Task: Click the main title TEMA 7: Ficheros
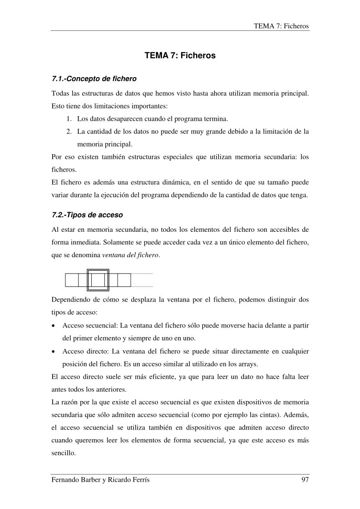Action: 180,56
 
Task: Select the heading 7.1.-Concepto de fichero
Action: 94,79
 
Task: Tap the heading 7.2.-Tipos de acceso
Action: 88,214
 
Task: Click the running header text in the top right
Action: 281,26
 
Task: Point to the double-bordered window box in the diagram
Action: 98,280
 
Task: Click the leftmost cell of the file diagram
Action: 72,280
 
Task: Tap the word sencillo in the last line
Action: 65,453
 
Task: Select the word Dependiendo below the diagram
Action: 72,300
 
